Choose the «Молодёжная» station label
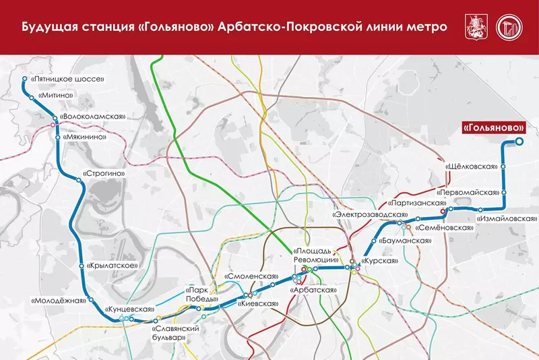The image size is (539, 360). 59,301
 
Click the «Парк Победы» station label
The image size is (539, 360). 201,295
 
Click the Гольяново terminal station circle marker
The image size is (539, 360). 519,142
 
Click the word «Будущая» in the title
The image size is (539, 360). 46,28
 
